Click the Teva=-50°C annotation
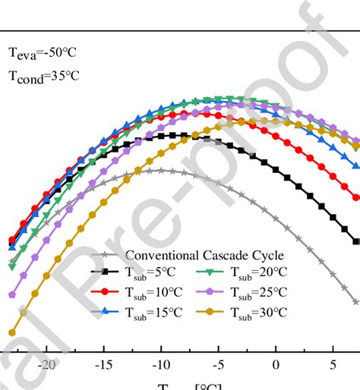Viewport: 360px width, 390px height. pyautogui.click(x=43, y=53)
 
